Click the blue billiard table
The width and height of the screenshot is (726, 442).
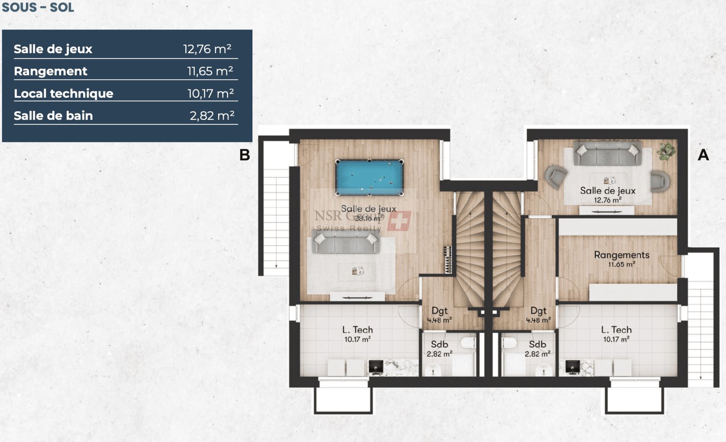coord(369,177)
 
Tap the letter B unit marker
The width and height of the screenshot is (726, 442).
coord(245,155)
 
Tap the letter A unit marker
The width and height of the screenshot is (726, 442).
coord(703,155)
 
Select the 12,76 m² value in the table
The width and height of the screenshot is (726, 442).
coord(207,49)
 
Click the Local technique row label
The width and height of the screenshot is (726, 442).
coord(63,93)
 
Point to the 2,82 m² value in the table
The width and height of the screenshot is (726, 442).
coord(212,116)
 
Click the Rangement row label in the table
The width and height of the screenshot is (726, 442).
coord(50,71)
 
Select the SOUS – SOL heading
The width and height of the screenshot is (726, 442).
coord(38,7)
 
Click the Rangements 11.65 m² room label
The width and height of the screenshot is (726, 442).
coord(621,259)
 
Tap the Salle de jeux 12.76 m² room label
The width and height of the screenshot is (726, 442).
coord(607,194)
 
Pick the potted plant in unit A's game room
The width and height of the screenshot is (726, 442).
coord(666,150)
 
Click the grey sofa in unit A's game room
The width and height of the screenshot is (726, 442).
coord(607,153)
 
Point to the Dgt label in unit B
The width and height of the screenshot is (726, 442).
coord(439,311)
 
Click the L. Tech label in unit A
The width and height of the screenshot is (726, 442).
coord(616,330)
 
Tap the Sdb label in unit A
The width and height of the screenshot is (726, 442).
coord(537,344)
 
